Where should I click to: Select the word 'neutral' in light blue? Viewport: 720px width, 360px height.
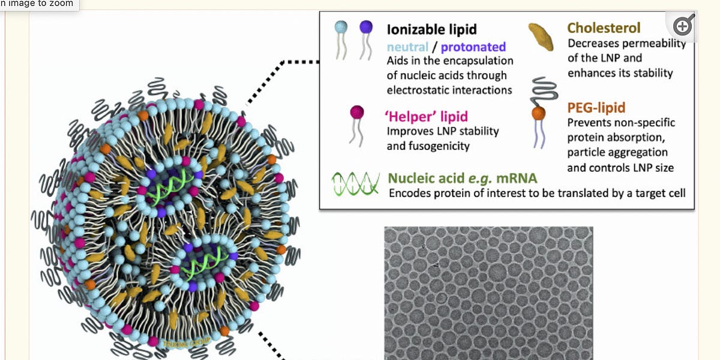pyautogui.click(x=408, y=46)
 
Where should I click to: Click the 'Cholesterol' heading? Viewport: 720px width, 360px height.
pyautogui.click(x=604, y=28)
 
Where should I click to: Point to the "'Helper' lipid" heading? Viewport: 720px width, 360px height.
pyautogui.click(x=426, y=116)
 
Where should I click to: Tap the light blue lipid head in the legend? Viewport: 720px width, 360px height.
pyautogui.click(x=341, y=27)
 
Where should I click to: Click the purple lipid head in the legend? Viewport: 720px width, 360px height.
pyautogui.click(x=366, y=27)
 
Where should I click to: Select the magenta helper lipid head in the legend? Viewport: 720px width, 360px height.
pyautogui.click(x=357, y=112)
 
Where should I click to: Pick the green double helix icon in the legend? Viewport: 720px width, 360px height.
pyautogui.click(x=356, y=183)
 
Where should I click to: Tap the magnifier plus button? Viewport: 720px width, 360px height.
pyautogui.click(x=683, y=26)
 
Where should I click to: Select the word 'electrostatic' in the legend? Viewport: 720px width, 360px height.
pyautogui.click(x=419, y=90)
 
